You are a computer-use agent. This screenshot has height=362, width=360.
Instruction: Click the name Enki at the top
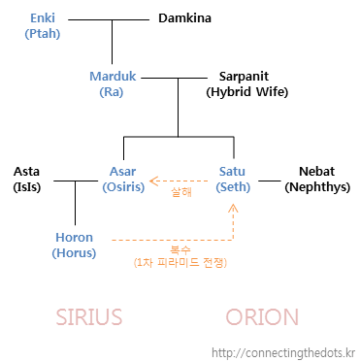(43, 17)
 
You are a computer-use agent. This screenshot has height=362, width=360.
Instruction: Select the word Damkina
(184, 17)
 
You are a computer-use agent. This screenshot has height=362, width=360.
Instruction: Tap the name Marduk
(113, 77)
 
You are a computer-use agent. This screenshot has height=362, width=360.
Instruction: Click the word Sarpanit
(244, 77)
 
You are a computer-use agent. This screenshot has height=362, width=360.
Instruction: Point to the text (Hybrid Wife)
(247, 92)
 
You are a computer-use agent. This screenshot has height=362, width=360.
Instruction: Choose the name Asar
(122, 172)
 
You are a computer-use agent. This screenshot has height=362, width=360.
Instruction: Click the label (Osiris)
(123, 187)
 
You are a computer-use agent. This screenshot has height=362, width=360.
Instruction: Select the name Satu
(232, 172)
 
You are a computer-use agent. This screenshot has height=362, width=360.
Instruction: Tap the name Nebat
(316, 172)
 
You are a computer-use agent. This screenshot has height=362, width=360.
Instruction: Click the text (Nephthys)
(317, 187)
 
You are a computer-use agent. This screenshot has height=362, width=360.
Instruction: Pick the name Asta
(26, 172)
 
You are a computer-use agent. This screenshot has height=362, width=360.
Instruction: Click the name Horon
(74, 238)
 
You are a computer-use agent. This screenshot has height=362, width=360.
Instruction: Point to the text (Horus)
(74, 253)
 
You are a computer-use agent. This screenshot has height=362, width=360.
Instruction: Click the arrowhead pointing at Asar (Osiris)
(153, 181)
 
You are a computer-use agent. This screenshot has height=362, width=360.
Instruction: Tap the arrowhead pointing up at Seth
(233, 208)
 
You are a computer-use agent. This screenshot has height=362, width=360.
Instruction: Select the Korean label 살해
(181, 192)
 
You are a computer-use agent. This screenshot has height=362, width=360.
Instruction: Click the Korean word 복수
(180, 249)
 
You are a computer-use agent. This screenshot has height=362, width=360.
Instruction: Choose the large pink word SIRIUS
(89, 317)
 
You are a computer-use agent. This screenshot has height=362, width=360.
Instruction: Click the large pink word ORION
(262, 317)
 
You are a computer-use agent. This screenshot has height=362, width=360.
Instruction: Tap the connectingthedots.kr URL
(283, 353)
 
